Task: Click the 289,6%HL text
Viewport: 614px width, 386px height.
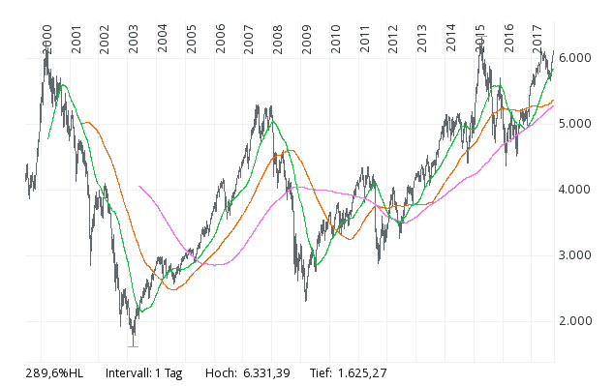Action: point(54,372)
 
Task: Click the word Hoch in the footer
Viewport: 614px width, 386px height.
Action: point(221,372)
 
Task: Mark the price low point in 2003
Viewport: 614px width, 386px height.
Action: point(133,345)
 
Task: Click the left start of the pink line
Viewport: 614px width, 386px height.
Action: point(139,186)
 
